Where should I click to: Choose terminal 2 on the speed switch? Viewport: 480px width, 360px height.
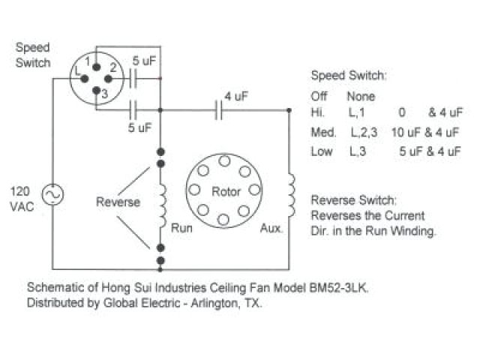103,74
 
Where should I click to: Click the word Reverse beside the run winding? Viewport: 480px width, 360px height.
118,202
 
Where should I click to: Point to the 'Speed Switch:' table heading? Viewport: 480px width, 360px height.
349,76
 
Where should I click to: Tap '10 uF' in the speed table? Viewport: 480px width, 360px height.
406,132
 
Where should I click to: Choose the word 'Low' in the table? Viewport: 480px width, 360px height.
321,151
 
